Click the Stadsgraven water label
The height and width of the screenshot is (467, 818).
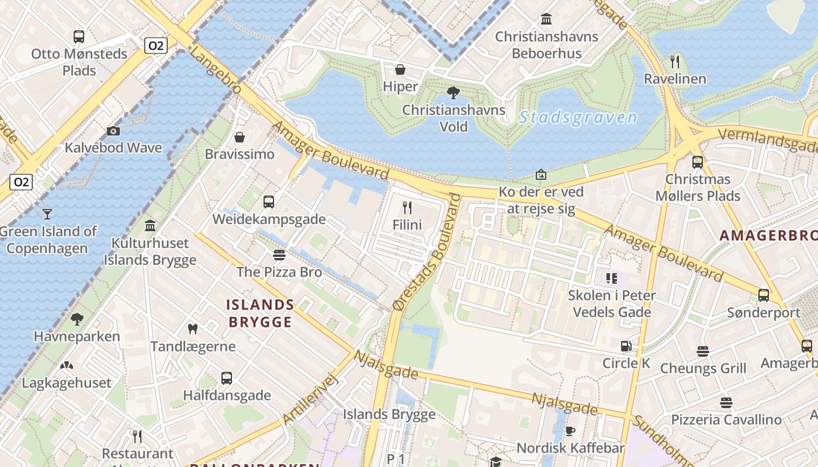[578, 117]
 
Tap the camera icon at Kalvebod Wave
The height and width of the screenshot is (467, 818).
[113, 131]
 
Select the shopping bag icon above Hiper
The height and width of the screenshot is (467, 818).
[400, 70]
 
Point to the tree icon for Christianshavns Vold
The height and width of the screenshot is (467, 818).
[453, 92]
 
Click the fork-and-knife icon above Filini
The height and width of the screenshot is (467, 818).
[407, 207]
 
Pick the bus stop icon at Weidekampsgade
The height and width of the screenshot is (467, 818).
[269, 202]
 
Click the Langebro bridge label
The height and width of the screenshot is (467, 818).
[216, 70]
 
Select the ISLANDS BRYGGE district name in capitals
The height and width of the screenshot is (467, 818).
[260, 313]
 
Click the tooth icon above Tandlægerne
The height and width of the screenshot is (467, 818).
[192, 329]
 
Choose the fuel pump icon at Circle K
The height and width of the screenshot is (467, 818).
[626, 346]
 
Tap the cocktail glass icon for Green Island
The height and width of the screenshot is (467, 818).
[47, 214]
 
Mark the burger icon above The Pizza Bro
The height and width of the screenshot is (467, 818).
[279, 255]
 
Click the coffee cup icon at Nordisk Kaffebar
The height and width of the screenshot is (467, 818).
[570, 431]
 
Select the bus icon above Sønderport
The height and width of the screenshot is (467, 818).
[764, 295]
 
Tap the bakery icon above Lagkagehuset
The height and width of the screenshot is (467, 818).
[67, 366]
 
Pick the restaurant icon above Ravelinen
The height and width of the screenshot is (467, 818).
[675, 61]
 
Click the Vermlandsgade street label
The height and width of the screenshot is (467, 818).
[767, 140]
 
